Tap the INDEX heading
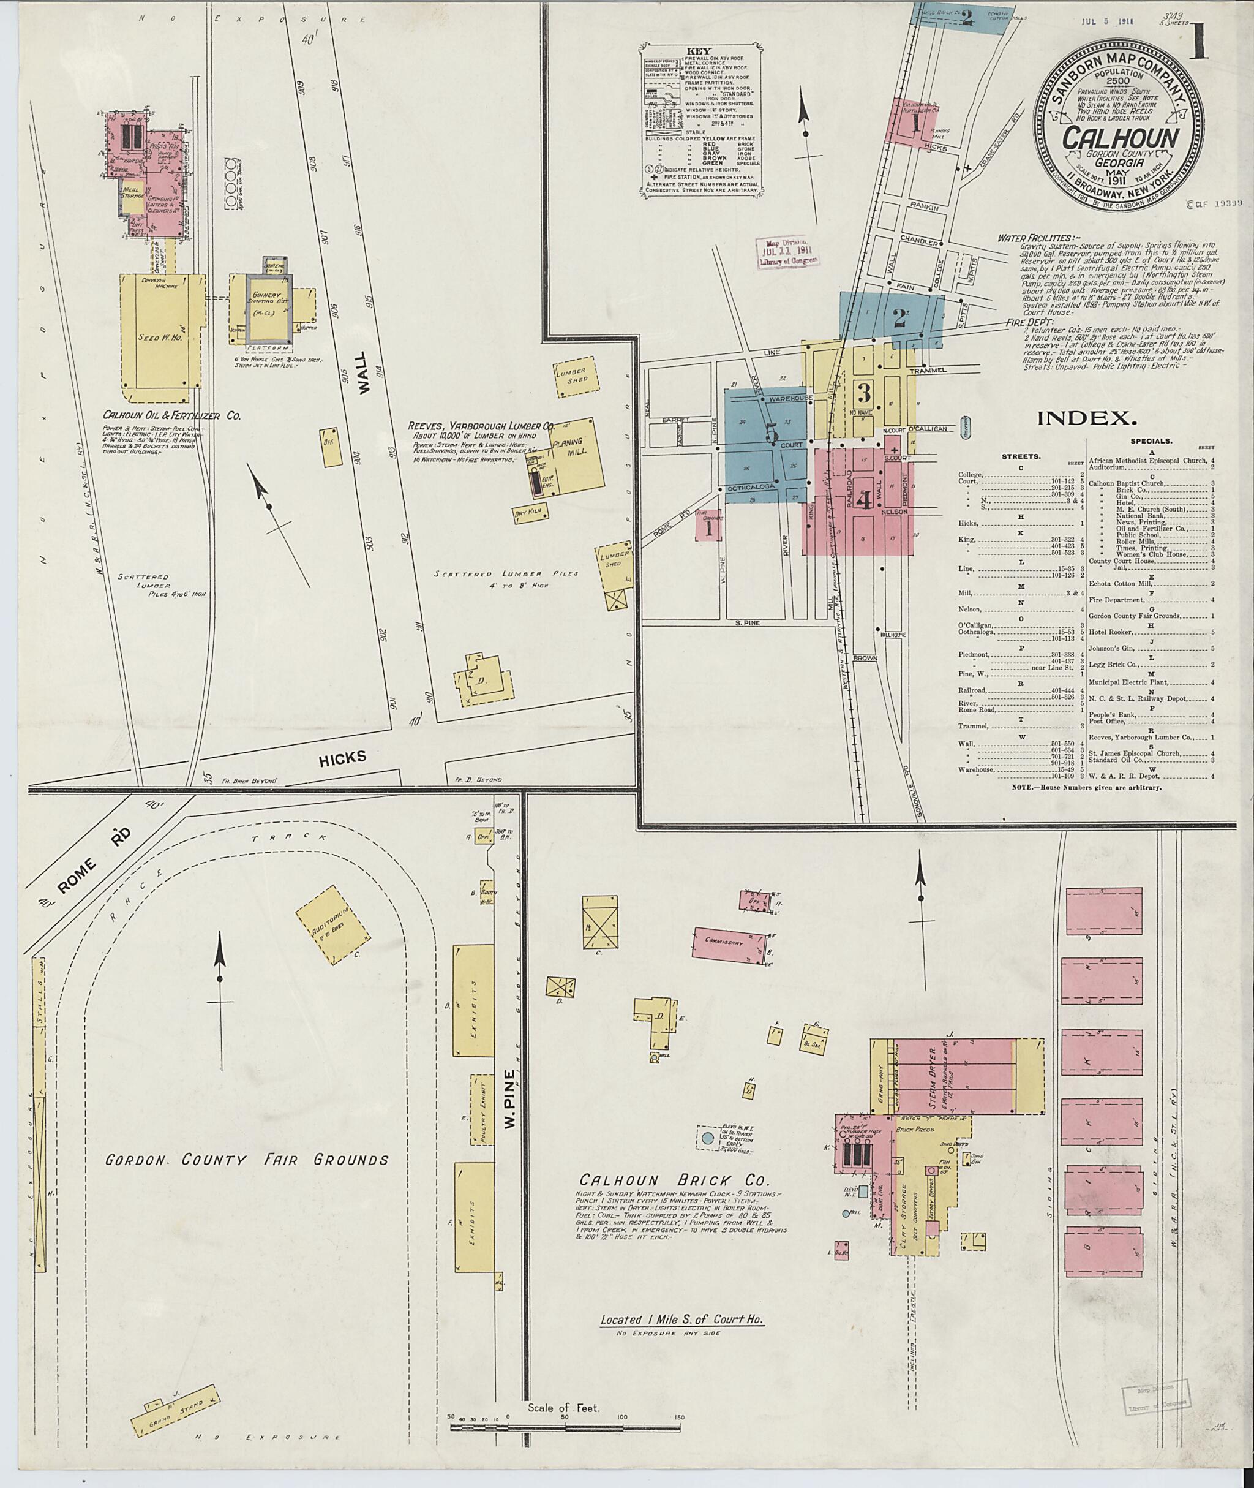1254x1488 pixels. click(1087, 418)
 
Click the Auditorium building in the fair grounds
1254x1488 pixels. click(332, 924)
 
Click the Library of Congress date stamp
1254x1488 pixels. click(787, 252)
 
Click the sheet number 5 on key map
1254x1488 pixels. click(772, 434)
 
